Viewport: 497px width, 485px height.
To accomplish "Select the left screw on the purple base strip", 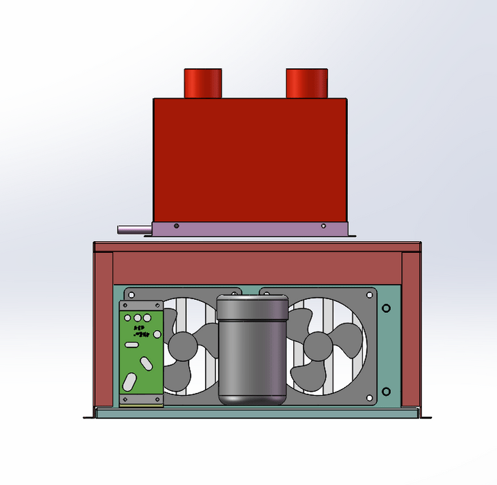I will tap(177, 225).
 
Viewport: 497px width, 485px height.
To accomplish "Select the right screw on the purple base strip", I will tap(323, 225).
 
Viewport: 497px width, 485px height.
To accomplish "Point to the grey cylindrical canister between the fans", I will tap(252, 349).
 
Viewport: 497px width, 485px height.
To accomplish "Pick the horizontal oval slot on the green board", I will tap(131, 344).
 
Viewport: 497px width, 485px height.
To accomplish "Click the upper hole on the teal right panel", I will tap(386, 308).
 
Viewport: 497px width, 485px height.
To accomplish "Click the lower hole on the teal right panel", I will tap(386, 392).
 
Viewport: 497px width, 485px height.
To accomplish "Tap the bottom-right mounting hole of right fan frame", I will tap(371, 398).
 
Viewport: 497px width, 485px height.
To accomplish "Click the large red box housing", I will tap(249, 159).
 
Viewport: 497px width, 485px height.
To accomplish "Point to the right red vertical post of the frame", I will tap(411, 328).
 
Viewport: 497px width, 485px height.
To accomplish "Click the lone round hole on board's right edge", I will tap(157, 334).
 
